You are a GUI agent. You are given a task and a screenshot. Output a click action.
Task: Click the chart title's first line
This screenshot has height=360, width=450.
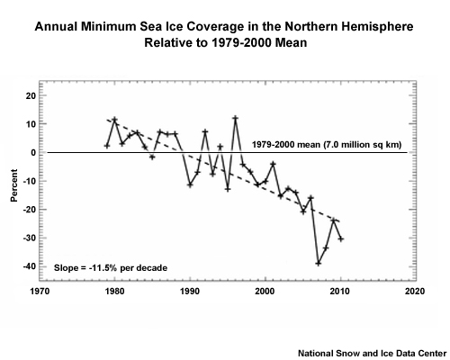tap(225, 27)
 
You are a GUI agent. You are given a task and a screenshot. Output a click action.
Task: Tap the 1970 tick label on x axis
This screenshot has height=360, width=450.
tap(40, 292)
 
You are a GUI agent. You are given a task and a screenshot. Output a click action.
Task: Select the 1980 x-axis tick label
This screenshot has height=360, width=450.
tap(114, 292)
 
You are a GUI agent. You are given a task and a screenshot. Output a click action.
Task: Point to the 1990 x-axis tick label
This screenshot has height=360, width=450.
tap(189, 292)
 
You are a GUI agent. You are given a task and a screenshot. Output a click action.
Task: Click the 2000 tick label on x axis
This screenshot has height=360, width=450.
tap(265, 292)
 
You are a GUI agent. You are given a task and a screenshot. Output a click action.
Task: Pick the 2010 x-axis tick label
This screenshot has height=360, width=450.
tap(339, 292)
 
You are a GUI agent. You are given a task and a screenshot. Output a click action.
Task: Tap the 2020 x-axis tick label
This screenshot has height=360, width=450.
tap(414, 292)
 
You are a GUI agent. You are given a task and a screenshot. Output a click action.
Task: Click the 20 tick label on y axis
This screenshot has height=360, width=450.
tap(30, 95)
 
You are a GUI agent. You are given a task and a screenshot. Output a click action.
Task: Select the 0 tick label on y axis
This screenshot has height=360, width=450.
tap(32, 152)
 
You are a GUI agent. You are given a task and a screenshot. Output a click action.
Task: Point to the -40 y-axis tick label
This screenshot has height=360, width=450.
tap(28, 266)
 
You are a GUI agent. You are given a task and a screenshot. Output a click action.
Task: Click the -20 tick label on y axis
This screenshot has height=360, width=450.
tap(28, 210)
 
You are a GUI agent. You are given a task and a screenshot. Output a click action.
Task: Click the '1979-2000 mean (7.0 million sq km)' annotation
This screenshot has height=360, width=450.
tap(327, 144)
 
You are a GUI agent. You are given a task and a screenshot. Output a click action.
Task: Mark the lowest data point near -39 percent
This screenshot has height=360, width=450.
tap(318, 263)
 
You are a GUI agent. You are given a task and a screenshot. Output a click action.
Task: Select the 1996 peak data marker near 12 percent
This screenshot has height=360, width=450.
tap(235, 118)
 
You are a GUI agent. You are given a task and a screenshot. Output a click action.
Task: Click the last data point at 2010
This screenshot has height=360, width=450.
tap(340, 238)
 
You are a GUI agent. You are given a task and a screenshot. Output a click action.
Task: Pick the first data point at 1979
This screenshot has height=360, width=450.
tap(107, 145)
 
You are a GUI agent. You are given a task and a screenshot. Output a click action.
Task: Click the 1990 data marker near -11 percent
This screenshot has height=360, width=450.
tap(190, 184)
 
